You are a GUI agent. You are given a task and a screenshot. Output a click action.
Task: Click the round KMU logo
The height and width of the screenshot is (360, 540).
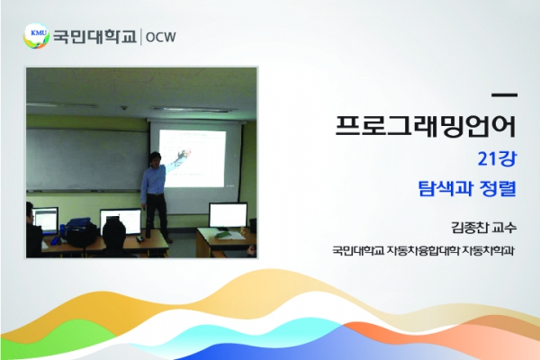click(x=36, y=36)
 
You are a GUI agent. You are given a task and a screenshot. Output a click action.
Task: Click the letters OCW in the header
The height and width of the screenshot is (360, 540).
click(x=161, y=37)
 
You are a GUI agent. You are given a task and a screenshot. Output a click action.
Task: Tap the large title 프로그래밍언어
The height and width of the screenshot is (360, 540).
click(x=426, y=125)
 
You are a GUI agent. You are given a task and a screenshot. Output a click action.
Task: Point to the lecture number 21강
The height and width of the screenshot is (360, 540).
click(x=498, y=159)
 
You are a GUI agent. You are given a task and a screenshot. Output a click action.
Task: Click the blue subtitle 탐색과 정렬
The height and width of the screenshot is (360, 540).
click(x=467, y=188)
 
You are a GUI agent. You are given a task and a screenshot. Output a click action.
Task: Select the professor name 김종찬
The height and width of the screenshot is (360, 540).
click(x=468, y=228)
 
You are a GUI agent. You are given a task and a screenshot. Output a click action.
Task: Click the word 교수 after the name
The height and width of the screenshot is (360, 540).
click(x=505, y=228)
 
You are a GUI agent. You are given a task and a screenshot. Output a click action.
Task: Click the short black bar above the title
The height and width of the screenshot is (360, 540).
click(x=505, y=94)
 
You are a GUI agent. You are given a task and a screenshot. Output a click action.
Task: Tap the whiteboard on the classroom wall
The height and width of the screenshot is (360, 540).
click(x=88, y=159)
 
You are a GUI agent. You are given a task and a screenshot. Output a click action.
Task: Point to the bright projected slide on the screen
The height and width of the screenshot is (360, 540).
click(x=193, y=158)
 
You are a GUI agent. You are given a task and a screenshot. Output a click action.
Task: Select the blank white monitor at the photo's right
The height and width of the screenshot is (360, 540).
click(x=228, y=215)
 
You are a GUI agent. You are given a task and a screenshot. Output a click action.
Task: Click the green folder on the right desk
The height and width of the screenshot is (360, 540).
click(x=224, y=234)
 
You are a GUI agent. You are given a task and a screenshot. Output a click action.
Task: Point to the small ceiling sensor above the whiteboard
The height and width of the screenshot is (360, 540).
click(x=124, y=108)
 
